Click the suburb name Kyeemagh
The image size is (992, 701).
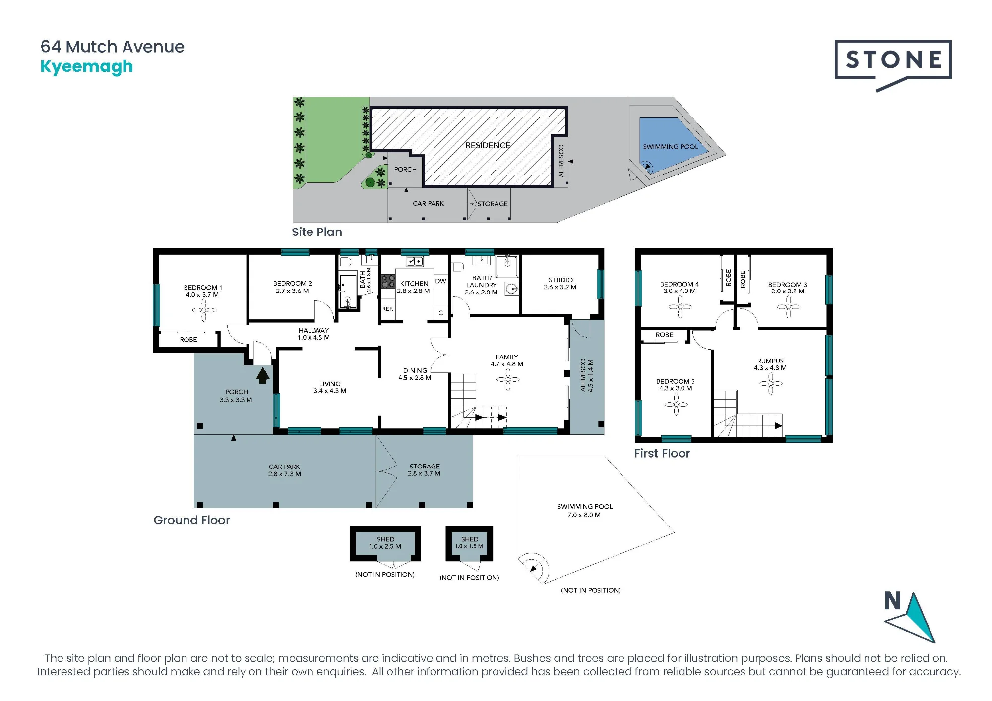87,67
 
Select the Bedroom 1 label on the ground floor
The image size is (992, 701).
202,288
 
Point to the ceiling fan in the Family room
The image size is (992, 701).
508,380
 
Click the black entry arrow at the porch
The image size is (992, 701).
263,375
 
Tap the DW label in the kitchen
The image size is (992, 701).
440,281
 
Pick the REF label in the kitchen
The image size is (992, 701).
387,309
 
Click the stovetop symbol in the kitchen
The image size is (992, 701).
388,281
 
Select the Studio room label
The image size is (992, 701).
560,280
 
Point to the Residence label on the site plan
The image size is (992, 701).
488,145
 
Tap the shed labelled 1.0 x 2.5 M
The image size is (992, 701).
385,543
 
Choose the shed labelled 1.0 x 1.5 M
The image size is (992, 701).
469,543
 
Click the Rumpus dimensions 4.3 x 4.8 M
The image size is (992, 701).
770,368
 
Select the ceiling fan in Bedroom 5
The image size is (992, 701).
676,405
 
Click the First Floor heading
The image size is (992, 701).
662,453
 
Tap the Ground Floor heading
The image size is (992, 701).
191,520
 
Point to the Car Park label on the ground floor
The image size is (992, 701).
284,467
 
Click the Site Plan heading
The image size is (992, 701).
316,232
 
